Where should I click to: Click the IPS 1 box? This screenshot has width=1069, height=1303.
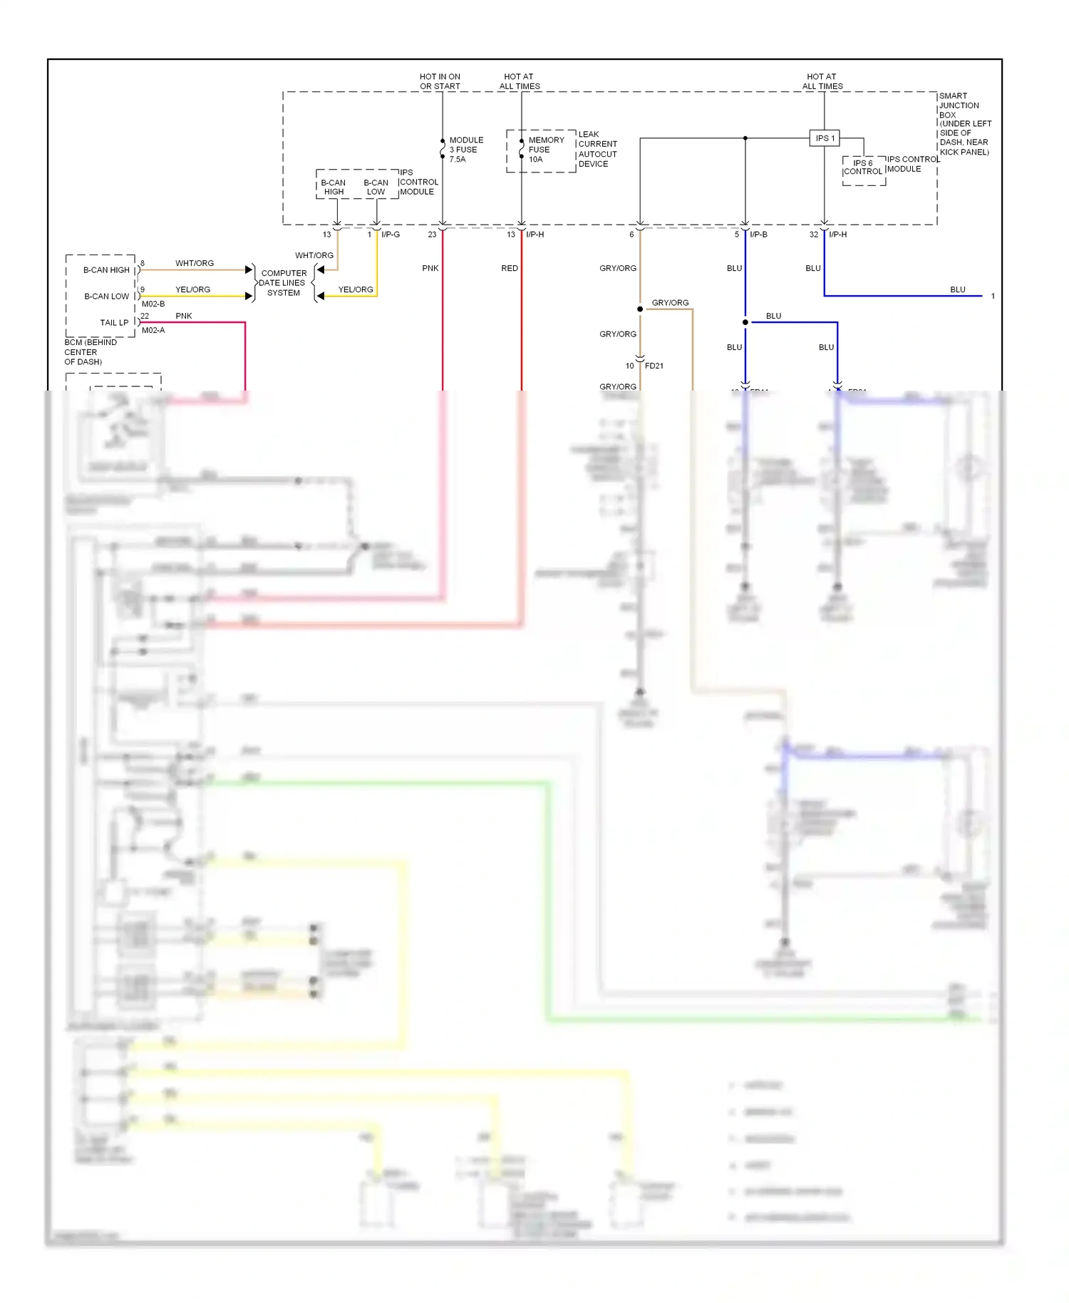824,138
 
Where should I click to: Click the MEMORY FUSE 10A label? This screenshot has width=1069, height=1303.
545,150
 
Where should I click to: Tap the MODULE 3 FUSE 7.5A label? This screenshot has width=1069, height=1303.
466,150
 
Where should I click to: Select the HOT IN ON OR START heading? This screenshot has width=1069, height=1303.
440,81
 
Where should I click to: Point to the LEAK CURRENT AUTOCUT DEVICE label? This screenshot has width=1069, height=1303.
597,149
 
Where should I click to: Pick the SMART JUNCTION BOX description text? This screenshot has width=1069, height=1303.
964,123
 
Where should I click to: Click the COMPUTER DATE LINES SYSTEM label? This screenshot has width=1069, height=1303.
283,283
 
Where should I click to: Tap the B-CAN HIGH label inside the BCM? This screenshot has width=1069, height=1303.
106,270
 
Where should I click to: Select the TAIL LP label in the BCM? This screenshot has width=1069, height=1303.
114,323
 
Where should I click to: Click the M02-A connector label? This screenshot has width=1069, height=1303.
153,331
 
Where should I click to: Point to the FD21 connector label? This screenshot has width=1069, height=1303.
654,366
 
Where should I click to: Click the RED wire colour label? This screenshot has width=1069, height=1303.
510,269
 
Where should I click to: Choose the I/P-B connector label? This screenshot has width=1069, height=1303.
758,235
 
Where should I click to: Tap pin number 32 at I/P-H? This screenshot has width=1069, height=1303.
813,235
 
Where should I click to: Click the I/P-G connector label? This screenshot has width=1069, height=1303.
391,235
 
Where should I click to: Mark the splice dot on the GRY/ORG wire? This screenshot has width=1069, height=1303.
640,309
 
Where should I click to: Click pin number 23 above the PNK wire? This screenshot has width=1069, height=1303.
432,235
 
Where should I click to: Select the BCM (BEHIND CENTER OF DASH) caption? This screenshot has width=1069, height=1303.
91,352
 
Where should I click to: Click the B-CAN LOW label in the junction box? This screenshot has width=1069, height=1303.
376,187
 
